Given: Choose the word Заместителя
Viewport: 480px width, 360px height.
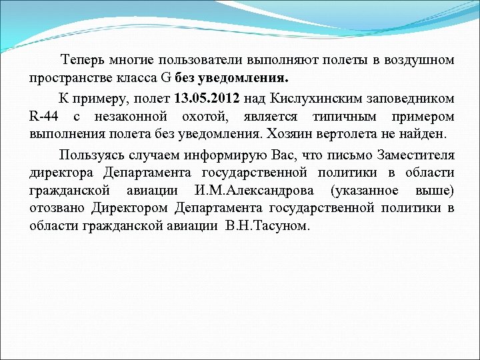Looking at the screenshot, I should click(413, 155).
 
